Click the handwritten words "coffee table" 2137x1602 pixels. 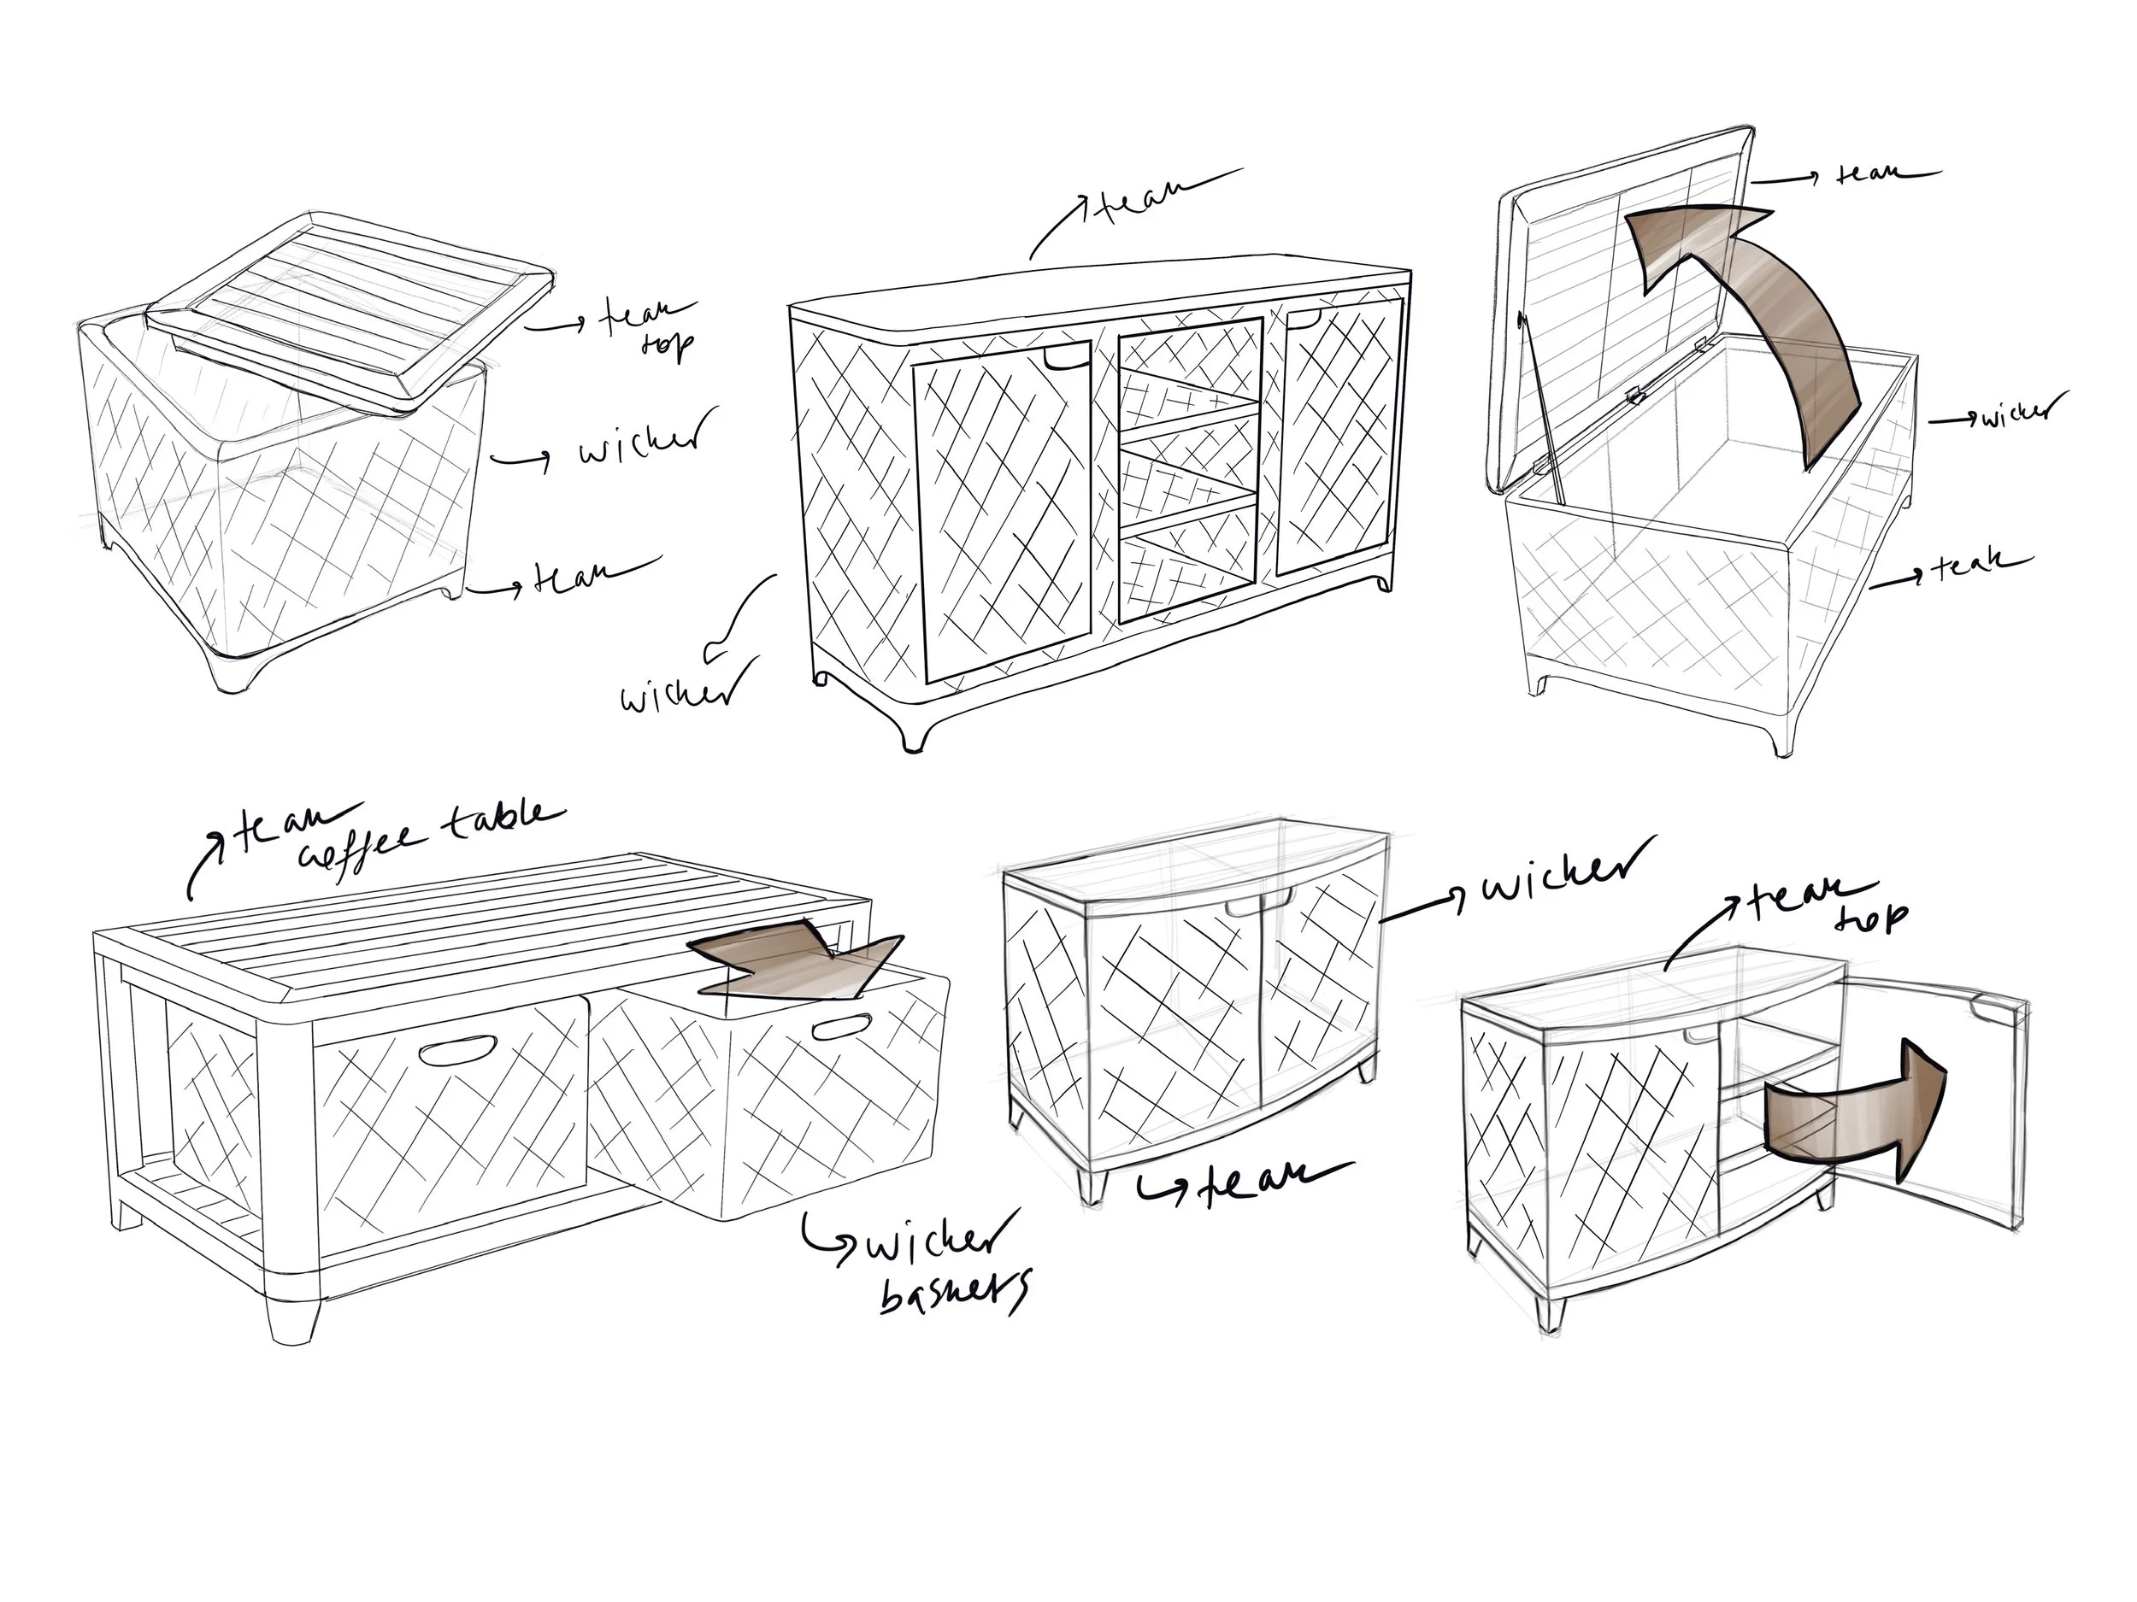tap(425, 836)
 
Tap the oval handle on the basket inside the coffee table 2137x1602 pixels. tap(457, 1050)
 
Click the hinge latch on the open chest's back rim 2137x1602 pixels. tap(1633, 394)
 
